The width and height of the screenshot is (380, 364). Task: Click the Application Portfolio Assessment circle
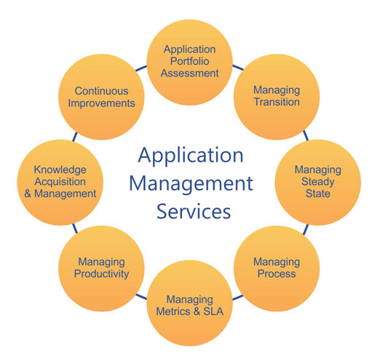[x=189, y=63]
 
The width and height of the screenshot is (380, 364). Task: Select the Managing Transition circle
[x=277, y=97]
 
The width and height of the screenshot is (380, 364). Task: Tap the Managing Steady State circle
[x=318, y=183]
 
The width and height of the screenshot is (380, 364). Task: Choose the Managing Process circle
[x=277, y=269]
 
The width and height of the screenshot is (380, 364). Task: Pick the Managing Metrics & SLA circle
[x=189, y=303]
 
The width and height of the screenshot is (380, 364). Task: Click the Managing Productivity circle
[x=101, y=269]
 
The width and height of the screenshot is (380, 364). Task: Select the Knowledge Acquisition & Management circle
[x=60, y=183]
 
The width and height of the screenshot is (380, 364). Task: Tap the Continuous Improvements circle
[x=101, y=97]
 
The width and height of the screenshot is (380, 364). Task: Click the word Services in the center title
[x=194, y=211]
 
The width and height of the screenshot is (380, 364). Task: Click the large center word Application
[x=191, y=156]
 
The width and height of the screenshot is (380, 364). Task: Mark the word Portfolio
[x=189, y=61]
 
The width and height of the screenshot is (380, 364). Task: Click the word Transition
[x=277, y=102]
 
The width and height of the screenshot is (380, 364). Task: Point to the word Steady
[x=318, y=182]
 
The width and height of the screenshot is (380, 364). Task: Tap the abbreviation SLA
[x=213, y=312]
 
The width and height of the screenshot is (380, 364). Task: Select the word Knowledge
[x=60, y=170]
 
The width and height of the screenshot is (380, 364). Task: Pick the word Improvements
[x=101, y=103]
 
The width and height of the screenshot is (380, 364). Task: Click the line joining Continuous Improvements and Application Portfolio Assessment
[x=141, y=68]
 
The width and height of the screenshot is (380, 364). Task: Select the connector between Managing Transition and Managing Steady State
[x=306, y=135]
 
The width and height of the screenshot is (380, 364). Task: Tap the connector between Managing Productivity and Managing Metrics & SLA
[x=141, y=297]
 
